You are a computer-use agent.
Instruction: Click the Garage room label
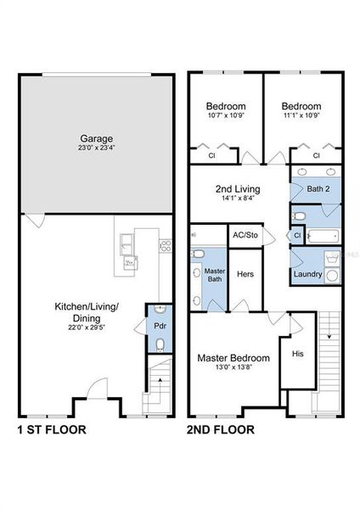pyautogui.click(x=97, y=138)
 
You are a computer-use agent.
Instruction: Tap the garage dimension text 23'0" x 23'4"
pyautogui.click(x=97, y=149)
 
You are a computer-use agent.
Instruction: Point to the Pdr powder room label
pyautogui.click(x=158, y=326)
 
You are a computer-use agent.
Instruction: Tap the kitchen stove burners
pyautogui.click(x=164, y=247)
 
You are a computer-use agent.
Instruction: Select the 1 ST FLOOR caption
pyautogui.click(x=51, y=429)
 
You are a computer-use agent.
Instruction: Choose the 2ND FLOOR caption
pyautogui.click(x=220, y=429)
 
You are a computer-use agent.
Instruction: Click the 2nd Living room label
pyautogui.click(x=237, y=188)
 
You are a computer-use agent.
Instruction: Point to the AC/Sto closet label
pyautogui.click(x=245, y=234)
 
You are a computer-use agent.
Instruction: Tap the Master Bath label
pyautogui.click(x=215, y=276)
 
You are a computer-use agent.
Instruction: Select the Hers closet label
pyautogui.click(x=245, y=275)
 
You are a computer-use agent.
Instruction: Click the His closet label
pyautogui.click(x=297, y=352)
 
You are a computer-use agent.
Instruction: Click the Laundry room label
pyautogui.click(x=307, y=274)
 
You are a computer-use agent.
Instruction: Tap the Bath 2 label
pyautogui.click(x=318, y=188)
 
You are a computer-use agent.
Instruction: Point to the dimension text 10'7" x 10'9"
pyautogui.click(x=226, y=115)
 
